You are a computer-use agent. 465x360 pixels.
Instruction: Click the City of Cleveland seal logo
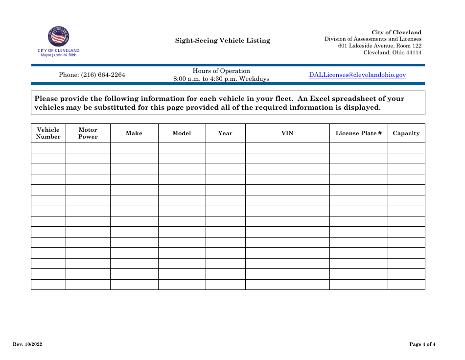[58, 37]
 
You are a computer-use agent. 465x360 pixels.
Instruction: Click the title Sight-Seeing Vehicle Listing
[223, 41]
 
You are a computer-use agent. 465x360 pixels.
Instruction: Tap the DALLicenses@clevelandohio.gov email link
[357, 75]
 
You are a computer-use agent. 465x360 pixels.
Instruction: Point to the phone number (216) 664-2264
[92, 75]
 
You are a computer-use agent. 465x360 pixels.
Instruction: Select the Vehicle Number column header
[48, 133]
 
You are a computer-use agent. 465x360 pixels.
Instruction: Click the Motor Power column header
[88, 133]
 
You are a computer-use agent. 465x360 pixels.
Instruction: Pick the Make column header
[134, 133]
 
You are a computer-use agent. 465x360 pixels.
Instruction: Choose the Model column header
[182, 133]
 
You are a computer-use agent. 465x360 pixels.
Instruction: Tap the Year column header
[225, 133]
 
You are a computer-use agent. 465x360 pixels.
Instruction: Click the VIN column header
[287, 133]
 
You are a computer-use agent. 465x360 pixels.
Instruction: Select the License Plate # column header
[359, 133]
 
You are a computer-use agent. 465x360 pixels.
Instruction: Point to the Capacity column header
[406, 133]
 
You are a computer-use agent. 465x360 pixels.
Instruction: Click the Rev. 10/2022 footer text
[27, 344]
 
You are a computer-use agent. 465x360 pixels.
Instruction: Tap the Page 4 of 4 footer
[422, 344]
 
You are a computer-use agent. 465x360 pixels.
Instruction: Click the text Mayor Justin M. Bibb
[58, 55]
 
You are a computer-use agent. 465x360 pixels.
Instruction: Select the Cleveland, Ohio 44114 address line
[392, 53]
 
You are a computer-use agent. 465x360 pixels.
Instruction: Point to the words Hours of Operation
[221, 71]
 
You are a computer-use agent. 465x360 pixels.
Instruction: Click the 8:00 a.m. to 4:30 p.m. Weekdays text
[221, 79]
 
